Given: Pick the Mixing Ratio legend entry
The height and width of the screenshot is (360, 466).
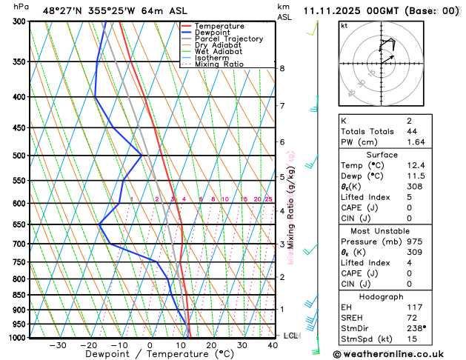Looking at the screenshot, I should (219, 64).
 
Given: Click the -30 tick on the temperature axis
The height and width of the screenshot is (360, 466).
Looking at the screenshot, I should (56, 345).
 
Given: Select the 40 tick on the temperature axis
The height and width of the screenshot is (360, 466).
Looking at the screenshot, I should (273, 345).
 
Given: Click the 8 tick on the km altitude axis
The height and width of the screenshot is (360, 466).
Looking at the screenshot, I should (282, 68).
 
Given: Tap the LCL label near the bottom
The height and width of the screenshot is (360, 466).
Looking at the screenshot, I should (291, 336).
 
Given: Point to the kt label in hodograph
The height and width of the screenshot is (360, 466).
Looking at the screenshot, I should (344, 25).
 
